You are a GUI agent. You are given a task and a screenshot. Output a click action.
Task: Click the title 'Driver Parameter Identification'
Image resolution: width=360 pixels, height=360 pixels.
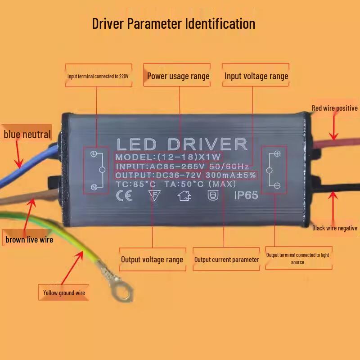(x=174, y=24)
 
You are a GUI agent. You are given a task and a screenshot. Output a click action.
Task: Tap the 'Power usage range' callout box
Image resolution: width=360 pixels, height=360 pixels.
(x=177, y=75)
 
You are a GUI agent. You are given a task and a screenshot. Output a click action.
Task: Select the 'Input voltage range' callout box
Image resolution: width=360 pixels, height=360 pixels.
(x=256, y=75)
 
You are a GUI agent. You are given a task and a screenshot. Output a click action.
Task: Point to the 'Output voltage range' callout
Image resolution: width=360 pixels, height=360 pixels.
(x=153, y=260)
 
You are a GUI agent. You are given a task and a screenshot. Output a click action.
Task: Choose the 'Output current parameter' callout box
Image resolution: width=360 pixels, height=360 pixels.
(x=226, y=259)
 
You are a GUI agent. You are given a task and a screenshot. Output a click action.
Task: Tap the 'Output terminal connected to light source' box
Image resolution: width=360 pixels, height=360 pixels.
(x=299, y=258)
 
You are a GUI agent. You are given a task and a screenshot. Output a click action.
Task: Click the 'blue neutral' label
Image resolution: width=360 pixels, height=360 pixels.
(x=27, y=134)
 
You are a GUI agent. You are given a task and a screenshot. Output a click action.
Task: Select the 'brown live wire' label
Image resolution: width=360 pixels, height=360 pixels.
(x=29, y=239)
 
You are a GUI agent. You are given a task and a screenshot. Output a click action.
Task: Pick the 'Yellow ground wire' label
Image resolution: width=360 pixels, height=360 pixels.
(x=63, y=292)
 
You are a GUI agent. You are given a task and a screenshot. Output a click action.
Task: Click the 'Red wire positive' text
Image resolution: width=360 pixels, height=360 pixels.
(x=334, y=108)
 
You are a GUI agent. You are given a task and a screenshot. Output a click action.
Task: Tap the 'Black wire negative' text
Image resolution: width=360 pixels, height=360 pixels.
(x=334, y=228)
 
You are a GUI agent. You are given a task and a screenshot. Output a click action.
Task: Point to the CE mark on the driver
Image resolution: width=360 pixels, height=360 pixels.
(x=124, y=196)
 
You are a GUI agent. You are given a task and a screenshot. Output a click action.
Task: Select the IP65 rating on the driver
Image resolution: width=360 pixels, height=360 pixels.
(x=246, y=195)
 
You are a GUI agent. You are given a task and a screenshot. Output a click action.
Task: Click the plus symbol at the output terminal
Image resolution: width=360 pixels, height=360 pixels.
(x=277, y=153)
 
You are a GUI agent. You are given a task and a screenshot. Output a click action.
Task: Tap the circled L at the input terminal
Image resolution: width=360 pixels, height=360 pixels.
(x=94, y=153)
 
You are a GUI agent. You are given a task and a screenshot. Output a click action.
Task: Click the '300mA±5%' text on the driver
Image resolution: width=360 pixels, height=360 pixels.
(x=230, y=175)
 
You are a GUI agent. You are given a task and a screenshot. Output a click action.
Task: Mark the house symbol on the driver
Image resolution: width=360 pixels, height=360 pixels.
(x=184, y=196)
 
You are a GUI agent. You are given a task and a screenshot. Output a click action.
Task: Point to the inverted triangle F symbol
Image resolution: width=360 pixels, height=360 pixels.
(x=154, y=196)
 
